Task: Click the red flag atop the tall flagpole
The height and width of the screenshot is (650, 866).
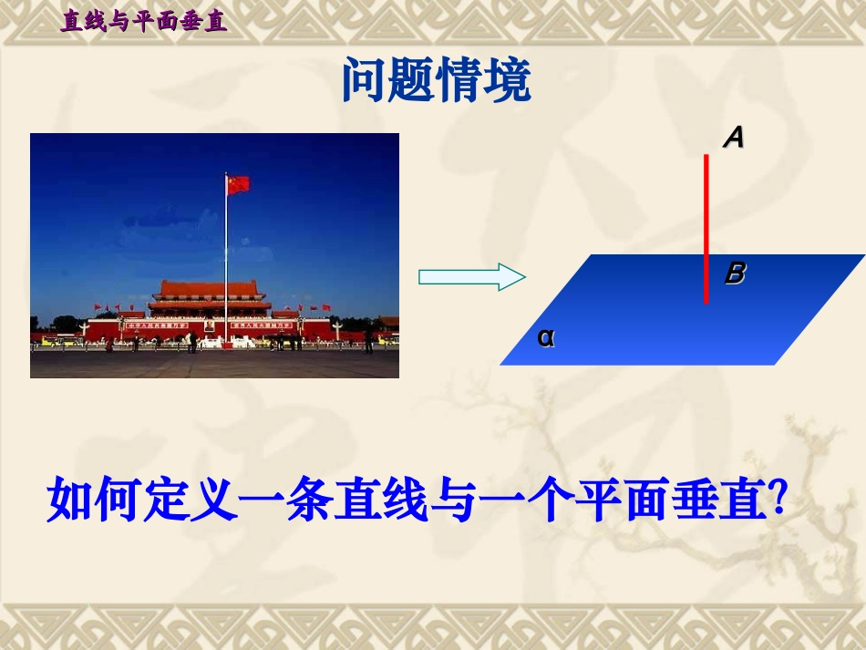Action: (238, 185)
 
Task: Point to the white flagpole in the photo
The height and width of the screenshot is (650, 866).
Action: (226, 264)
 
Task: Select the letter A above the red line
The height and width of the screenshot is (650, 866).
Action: (734, 138)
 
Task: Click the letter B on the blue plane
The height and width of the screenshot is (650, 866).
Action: (735, 273)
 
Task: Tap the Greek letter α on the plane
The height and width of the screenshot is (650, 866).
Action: (546, 337)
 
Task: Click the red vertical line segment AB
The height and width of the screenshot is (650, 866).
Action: (706, 228)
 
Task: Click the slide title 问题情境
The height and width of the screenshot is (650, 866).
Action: (436, 82)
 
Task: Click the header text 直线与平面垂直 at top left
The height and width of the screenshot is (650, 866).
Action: (143, 21)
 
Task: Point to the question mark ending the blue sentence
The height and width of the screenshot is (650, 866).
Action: (778, 500)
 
